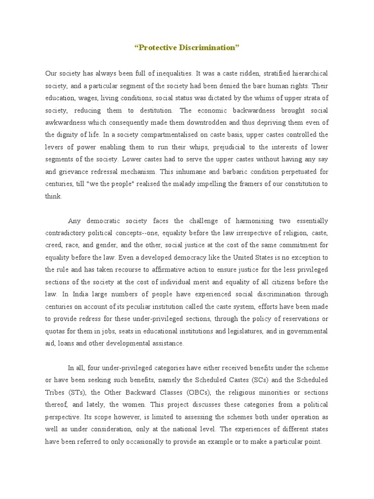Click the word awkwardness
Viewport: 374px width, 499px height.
[66, 122]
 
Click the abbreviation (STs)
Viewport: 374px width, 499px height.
[75, 392]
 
